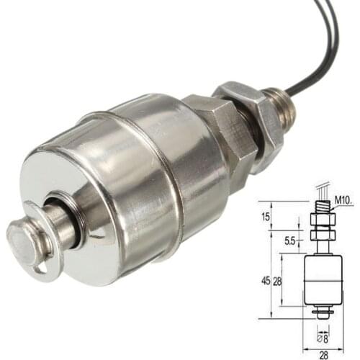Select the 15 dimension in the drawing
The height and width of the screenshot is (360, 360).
[x=265, y=217]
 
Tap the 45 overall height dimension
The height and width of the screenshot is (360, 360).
[x=266, y=281]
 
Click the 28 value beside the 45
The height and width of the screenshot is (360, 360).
[x=277, y=281]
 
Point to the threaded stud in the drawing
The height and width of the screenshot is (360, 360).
[x=321, y=204]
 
